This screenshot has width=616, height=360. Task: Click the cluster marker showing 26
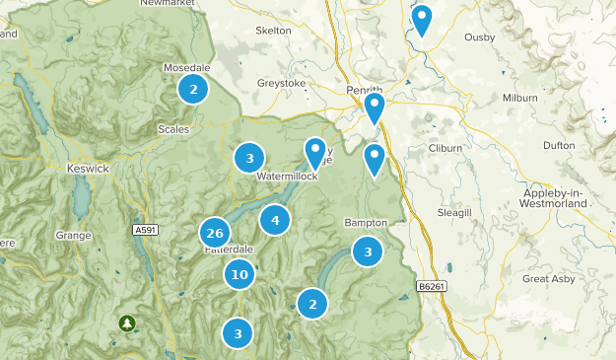215,234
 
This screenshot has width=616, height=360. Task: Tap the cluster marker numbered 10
240,274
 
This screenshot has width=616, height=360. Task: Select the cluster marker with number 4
275,221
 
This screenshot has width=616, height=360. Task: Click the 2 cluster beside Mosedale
193,90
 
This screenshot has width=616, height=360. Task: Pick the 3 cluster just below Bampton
368,252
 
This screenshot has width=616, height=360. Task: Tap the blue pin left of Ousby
422,19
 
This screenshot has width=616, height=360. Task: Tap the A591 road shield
145,230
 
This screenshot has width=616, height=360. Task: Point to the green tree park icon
127,323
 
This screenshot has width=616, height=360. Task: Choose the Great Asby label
548,279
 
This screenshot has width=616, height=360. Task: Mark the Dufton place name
558,145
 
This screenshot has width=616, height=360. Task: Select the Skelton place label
273,31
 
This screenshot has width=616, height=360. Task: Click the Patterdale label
230,250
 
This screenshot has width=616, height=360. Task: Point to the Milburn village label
519,98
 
